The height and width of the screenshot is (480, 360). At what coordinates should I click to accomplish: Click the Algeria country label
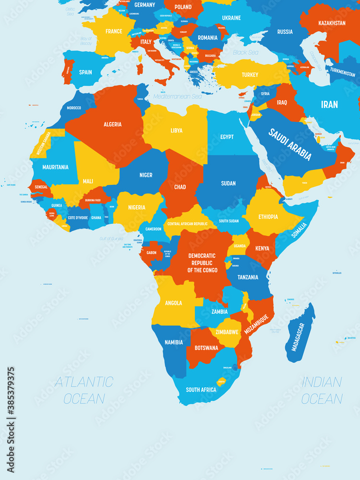(112, 124)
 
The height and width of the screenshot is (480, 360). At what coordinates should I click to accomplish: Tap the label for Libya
(176, 131)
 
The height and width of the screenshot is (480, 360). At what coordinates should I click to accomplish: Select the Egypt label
(227, 137)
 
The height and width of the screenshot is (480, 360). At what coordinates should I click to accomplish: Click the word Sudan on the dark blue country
(228, 183)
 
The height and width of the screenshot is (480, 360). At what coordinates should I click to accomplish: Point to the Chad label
(180, 187)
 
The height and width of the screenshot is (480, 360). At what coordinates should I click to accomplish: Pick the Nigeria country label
(136, 207)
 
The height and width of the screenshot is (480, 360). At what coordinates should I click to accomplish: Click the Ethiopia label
(268, 216)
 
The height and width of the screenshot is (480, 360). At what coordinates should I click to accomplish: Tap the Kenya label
(262, 248)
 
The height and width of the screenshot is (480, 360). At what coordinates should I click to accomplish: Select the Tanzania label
(248, 277)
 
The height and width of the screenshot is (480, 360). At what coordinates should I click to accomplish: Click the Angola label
(173, 303)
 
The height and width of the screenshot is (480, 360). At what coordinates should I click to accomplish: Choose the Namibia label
(174, 342)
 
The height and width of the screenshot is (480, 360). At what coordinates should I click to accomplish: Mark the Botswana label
(206, 348)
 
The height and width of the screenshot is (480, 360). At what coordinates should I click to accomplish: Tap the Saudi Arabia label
(290, 144)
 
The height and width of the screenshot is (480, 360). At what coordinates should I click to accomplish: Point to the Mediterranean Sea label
(177, 96)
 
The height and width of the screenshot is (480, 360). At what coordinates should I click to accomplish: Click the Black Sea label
(245, 52)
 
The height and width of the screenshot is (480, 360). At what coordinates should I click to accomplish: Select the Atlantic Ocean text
(84, 390)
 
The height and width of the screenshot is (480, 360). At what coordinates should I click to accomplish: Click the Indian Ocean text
(322, 390)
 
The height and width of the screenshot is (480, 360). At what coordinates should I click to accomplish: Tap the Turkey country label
(250, 75)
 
